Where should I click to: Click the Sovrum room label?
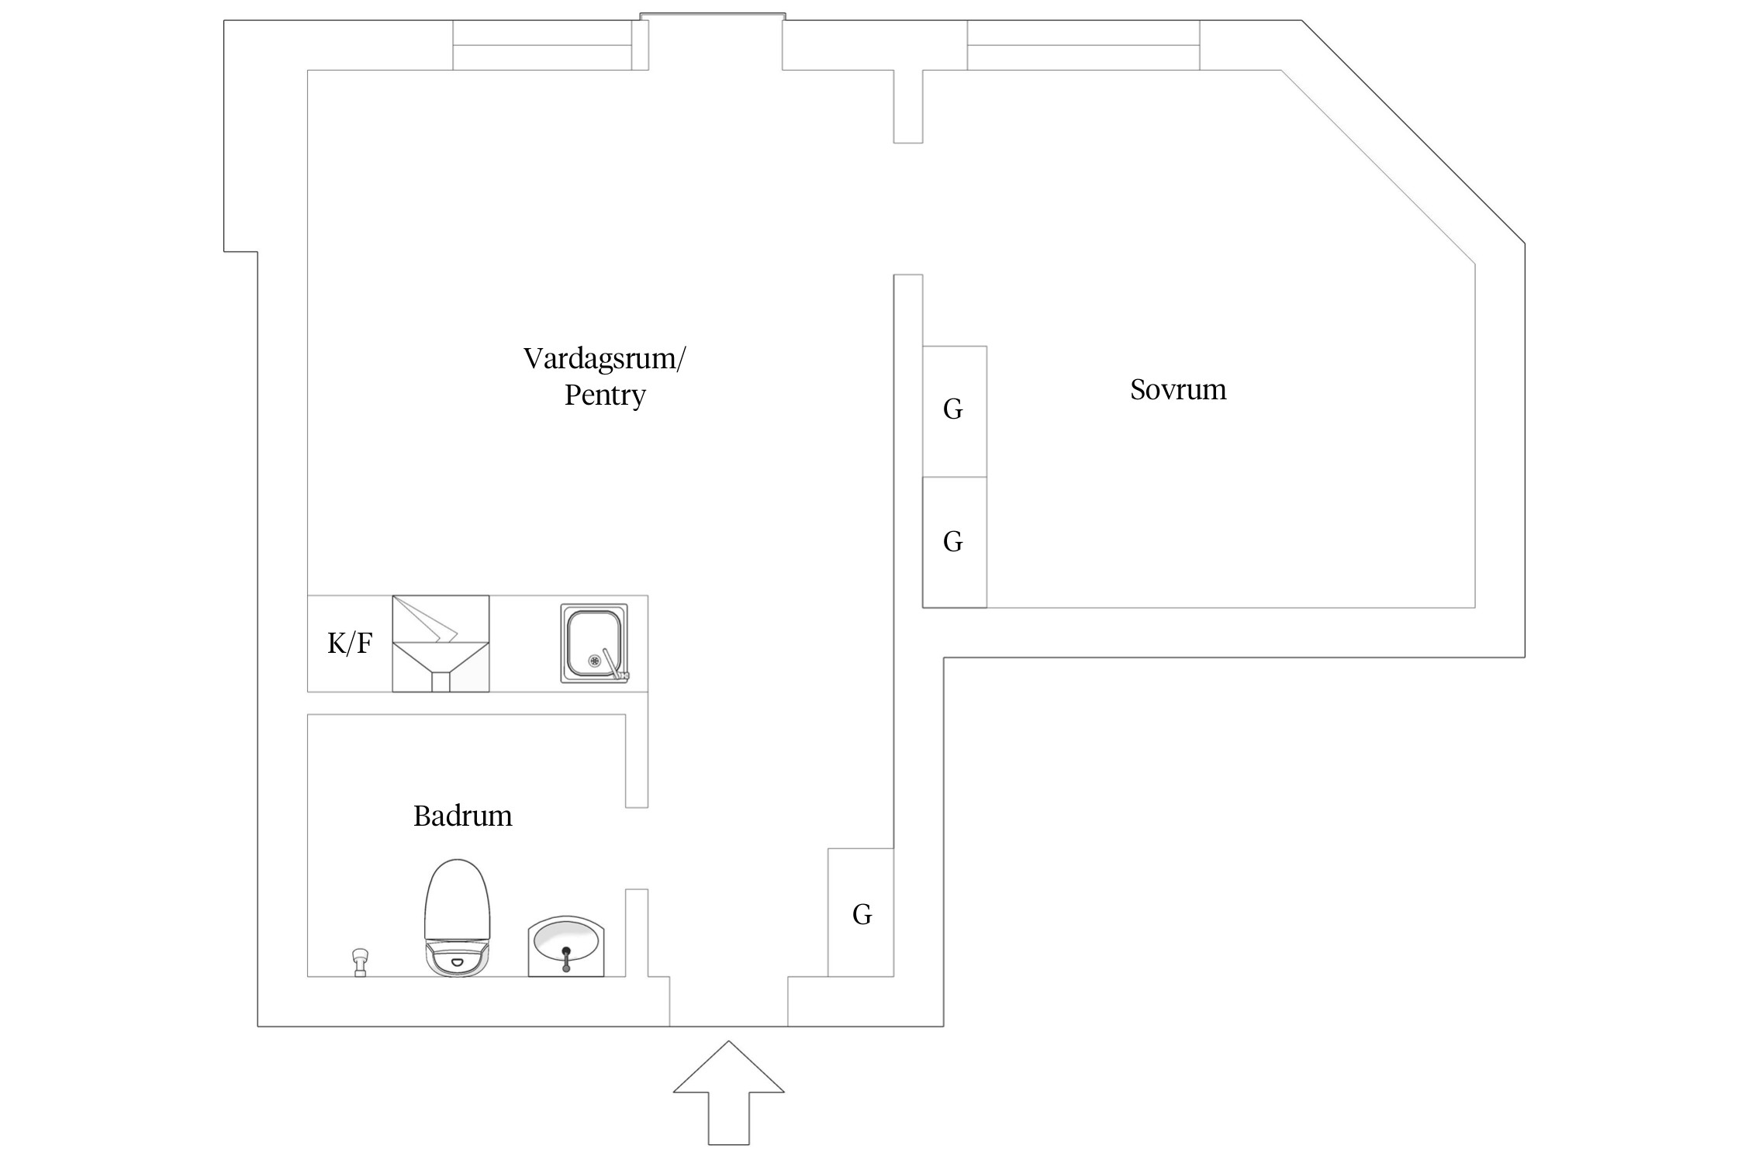(1177, 389)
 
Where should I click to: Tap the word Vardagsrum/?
(604, 359)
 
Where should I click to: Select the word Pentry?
(604, 395)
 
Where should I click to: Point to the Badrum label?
(462, 816)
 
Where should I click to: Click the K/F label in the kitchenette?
(350, 643)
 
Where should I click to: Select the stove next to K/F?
(441, 643)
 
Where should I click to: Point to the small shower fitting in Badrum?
(360, 961)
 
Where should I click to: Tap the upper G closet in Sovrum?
(954, 410)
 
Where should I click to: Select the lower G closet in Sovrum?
(954, 541)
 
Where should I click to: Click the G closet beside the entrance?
(861, 913)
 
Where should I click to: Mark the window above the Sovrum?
(1083, 45)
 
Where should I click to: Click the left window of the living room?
(542, 45)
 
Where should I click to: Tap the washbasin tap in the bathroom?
(566, 958)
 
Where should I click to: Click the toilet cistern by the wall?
(457, 960)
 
